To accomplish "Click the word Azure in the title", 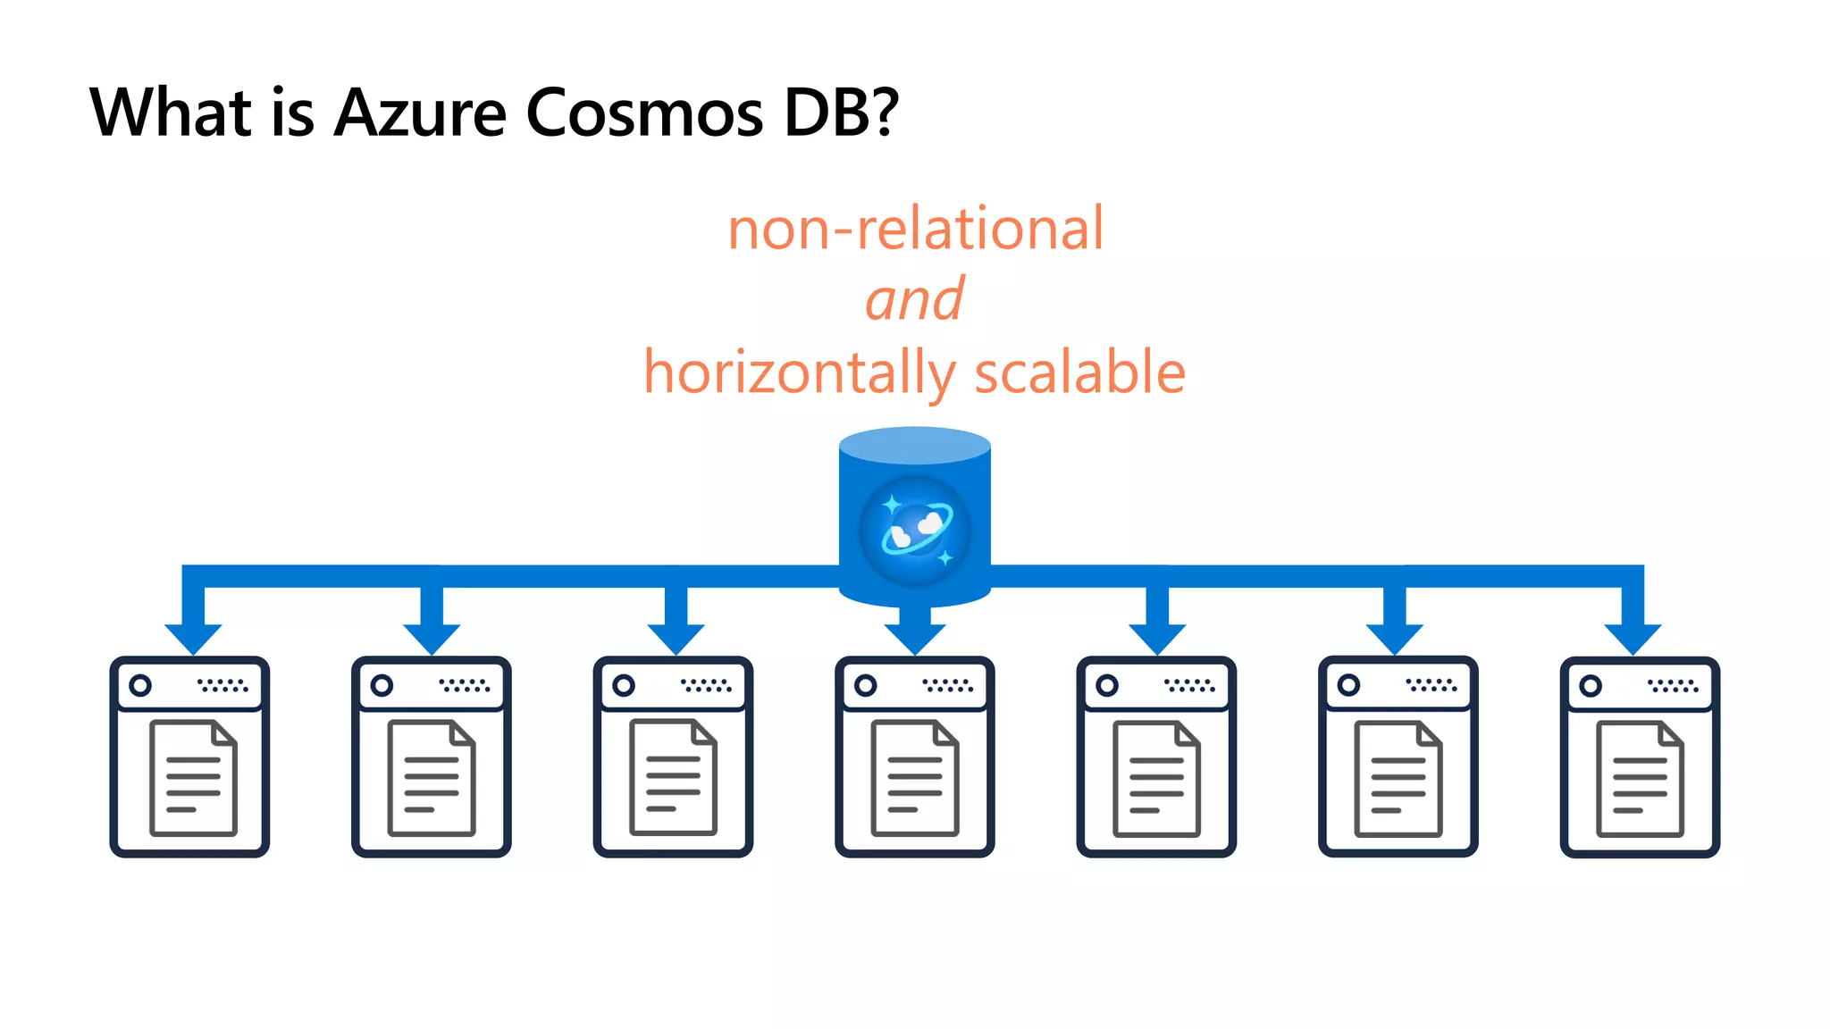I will coord(420,113).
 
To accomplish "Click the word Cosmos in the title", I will coord(644,113).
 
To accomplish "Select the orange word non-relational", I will coord(915,229).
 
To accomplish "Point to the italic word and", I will coord(914,300).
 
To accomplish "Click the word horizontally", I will coord(799,373).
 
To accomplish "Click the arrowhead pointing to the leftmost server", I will coord(193,638).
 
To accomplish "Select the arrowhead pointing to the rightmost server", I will coord(1633,638).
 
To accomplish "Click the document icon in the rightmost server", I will coord(1640,778).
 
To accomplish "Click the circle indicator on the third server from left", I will coord(624,685).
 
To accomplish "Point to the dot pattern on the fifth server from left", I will coord(1189,685).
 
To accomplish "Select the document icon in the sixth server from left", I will coord(1398,778).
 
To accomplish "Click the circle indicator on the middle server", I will coord(865,685).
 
